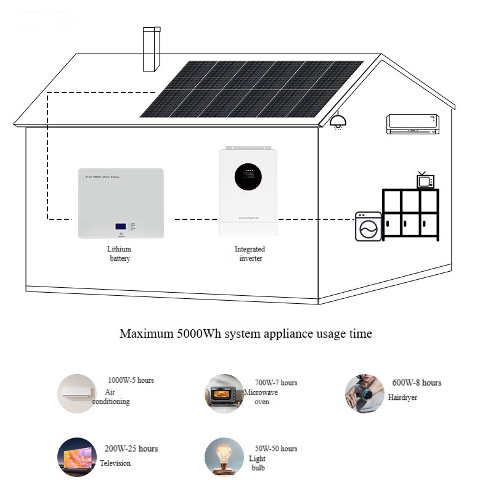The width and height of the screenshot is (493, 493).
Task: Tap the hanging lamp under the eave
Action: coord(336,121)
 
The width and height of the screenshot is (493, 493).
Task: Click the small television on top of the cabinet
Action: coord(425,181)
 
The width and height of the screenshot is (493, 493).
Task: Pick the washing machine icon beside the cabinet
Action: coord(369,226)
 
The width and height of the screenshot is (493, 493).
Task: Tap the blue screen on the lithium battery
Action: coord(121,226)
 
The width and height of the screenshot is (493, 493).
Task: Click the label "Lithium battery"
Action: coord(120,254)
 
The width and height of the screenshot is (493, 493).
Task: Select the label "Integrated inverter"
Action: coord(250,254)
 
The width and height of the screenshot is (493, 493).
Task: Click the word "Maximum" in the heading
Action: coord(146,334)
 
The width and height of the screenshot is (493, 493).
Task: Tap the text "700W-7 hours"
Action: coord(275,383)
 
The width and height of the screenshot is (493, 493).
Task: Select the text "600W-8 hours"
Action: coord(417,383)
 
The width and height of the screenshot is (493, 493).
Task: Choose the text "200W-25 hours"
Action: coord(131,449)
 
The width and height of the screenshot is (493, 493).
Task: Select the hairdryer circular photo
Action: coord(364,393)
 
